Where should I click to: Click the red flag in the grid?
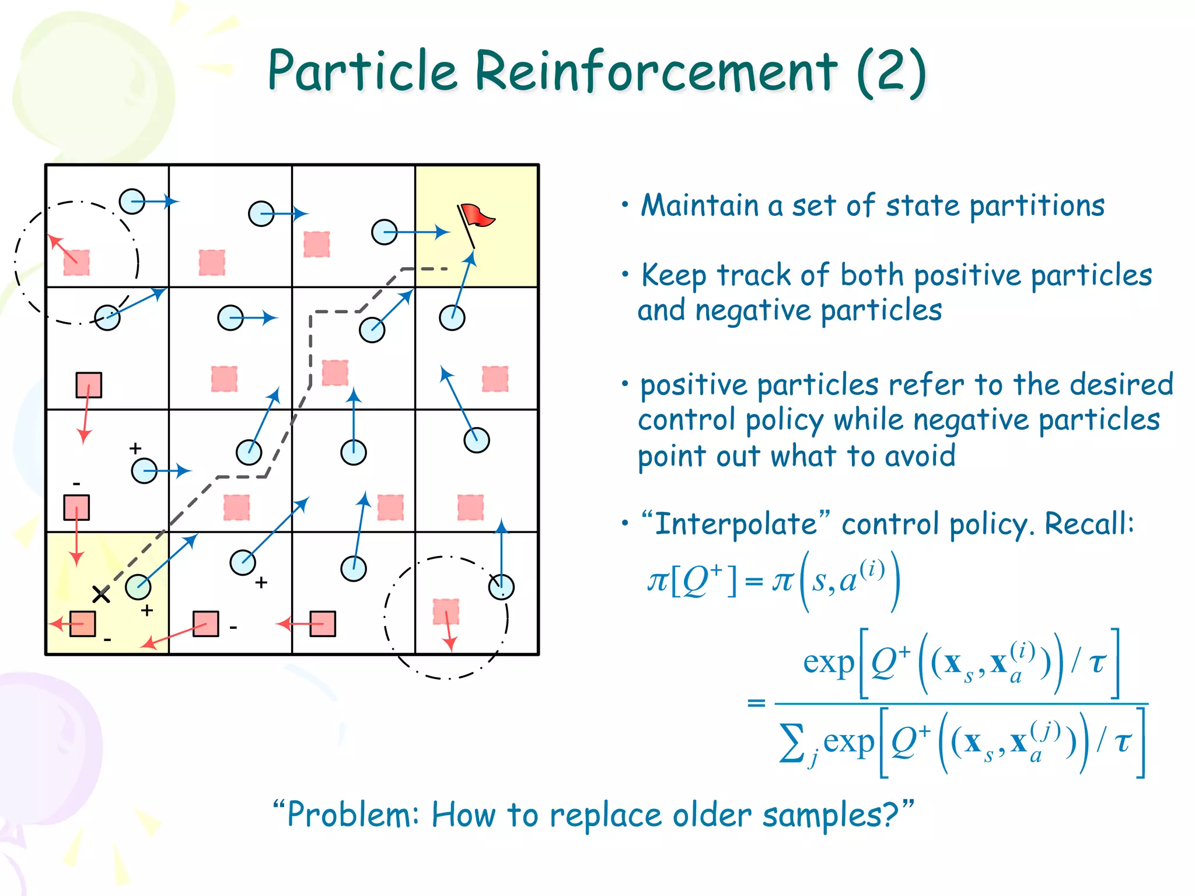(x=477, y=216)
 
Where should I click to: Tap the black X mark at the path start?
(x=101, y=594)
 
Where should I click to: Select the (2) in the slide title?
(x=891, y=72)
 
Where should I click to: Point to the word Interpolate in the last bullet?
(x=735, y=523)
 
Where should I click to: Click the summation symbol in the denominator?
(x=792, y=743)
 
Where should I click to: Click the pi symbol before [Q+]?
(x=657, y=581)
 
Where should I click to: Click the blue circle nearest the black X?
(x=138, y=587)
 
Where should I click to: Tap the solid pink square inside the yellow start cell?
(x=82, y=624)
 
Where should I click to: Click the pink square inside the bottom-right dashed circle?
(x=446, y=611)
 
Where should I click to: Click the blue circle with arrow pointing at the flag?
(x=452, y=318)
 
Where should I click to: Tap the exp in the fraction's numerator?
(x=828, y=663)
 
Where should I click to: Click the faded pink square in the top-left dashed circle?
(x=76, y=262)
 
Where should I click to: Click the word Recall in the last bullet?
(x=1086, y=523)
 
